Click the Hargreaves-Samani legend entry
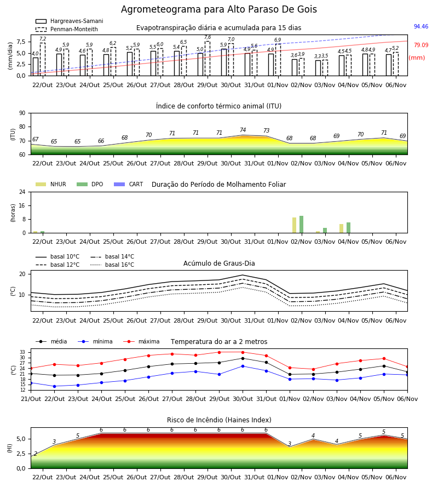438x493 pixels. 69,21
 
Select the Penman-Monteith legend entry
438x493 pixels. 67,29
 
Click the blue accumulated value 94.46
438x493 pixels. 421,26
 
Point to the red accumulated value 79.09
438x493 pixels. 421,45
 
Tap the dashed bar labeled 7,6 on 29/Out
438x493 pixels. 208,59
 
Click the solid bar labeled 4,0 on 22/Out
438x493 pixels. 36,67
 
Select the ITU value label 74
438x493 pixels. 243,130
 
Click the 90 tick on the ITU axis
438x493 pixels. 22,113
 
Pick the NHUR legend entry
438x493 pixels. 51,184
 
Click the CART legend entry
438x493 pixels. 129,184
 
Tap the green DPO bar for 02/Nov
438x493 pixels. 301,225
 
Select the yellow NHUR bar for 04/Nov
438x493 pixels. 341,228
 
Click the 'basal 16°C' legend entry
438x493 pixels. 112,265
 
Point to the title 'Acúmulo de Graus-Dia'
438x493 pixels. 219,263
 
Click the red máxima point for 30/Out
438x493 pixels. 243,352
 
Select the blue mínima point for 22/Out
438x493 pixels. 54,386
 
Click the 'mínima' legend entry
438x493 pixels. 95,341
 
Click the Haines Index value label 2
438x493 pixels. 36,454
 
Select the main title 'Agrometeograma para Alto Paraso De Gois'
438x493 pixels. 219,9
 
